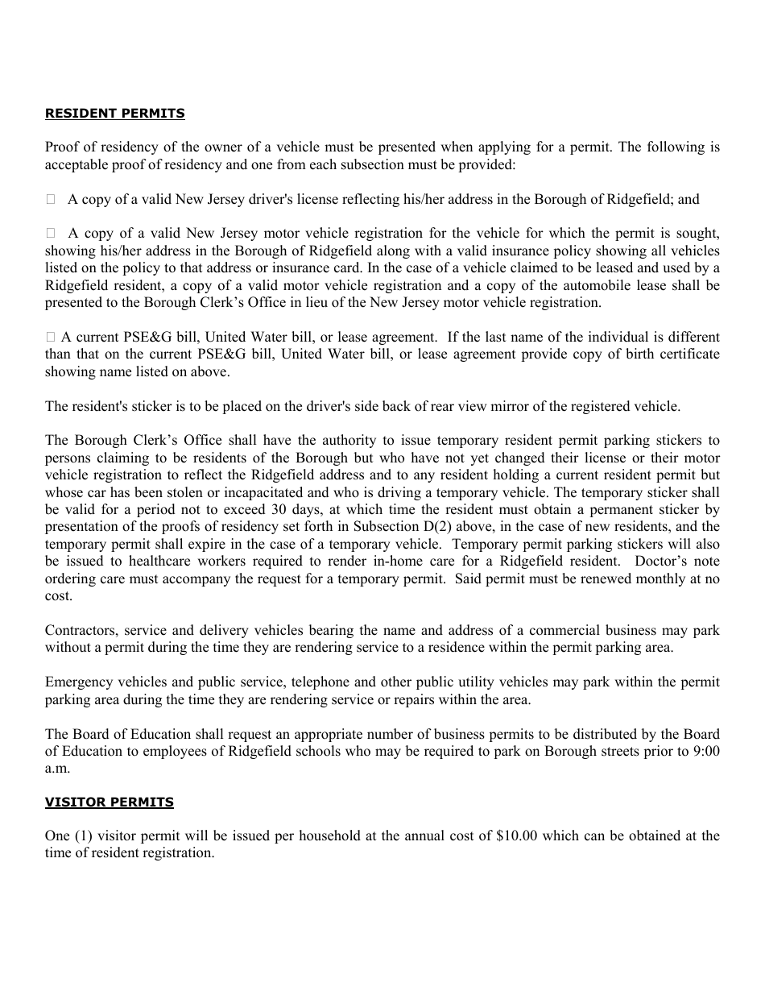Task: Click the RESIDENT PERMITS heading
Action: pyautogui.click(x=114, y=114)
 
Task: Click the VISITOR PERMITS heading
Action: pyautogui.click(x=109, y=802)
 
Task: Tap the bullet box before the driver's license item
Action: pyautogui.click(x=51, y=199)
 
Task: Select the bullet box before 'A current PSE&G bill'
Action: pyautogui.click(x=51, y=338)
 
